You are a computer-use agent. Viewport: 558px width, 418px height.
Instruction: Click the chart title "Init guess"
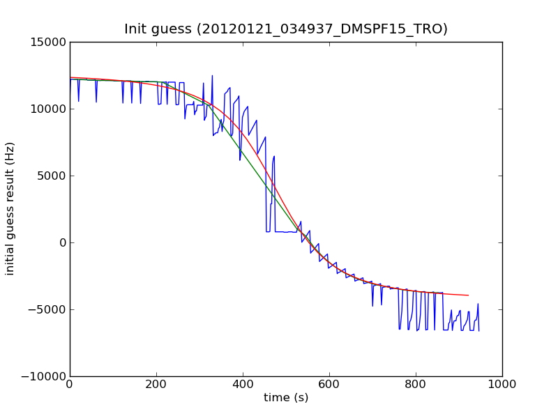click(x=286, y=29)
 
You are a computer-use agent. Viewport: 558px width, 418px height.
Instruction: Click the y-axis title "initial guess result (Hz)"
click(x=10, y=208)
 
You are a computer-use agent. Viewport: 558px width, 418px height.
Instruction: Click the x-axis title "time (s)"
click(x=286, y=398)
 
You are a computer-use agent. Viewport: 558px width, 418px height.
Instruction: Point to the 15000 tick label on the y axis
click(x=47, y=42)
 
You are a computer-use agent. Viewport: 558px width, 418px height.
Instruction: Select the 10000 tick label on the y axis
click(x=47, y=109)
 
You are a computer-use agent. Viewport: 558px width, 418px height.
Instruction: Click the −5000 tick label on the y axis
click(x=47, y=309)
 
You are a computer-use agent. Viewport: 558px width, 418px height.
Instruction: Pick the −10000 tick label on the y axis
click(x=43, y=376)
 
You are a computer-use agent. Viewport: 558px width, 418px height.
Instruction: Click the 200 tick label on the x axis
click(x=156, y=384)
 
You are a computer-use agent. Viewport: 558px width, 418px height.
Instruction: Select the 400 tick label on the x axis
click(x=243, y=384)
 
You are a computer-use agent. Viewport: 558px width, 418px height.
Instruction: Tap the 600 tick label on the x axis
click(x=329, y=384)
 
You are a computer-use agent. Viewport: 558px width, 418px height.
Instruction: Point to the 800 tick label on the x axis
click(x=416, y=384)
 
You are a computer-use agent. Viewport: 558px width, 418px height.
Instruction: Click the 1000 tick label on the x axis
click(x=502, y=384)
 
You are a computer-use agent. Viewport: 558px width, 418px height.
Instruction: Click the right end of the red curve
click(x=468, y=295)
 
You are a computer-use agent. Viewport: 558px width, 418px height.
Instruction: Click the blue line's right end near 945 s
click(x=478, y=330)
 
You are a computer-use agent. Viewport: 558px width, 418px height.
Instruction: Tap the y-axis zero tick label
click(x=61, y=242)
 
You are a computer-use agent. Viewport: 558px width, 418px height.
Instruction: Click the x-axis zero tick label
click(x=70, y=384)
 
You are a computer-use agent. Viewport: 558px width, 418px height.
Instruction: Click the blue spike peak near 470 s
click(x=274, y=156)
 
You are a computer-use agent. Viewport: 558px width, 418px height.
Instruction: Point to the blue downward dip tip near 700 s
click(x=372, y=306)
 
